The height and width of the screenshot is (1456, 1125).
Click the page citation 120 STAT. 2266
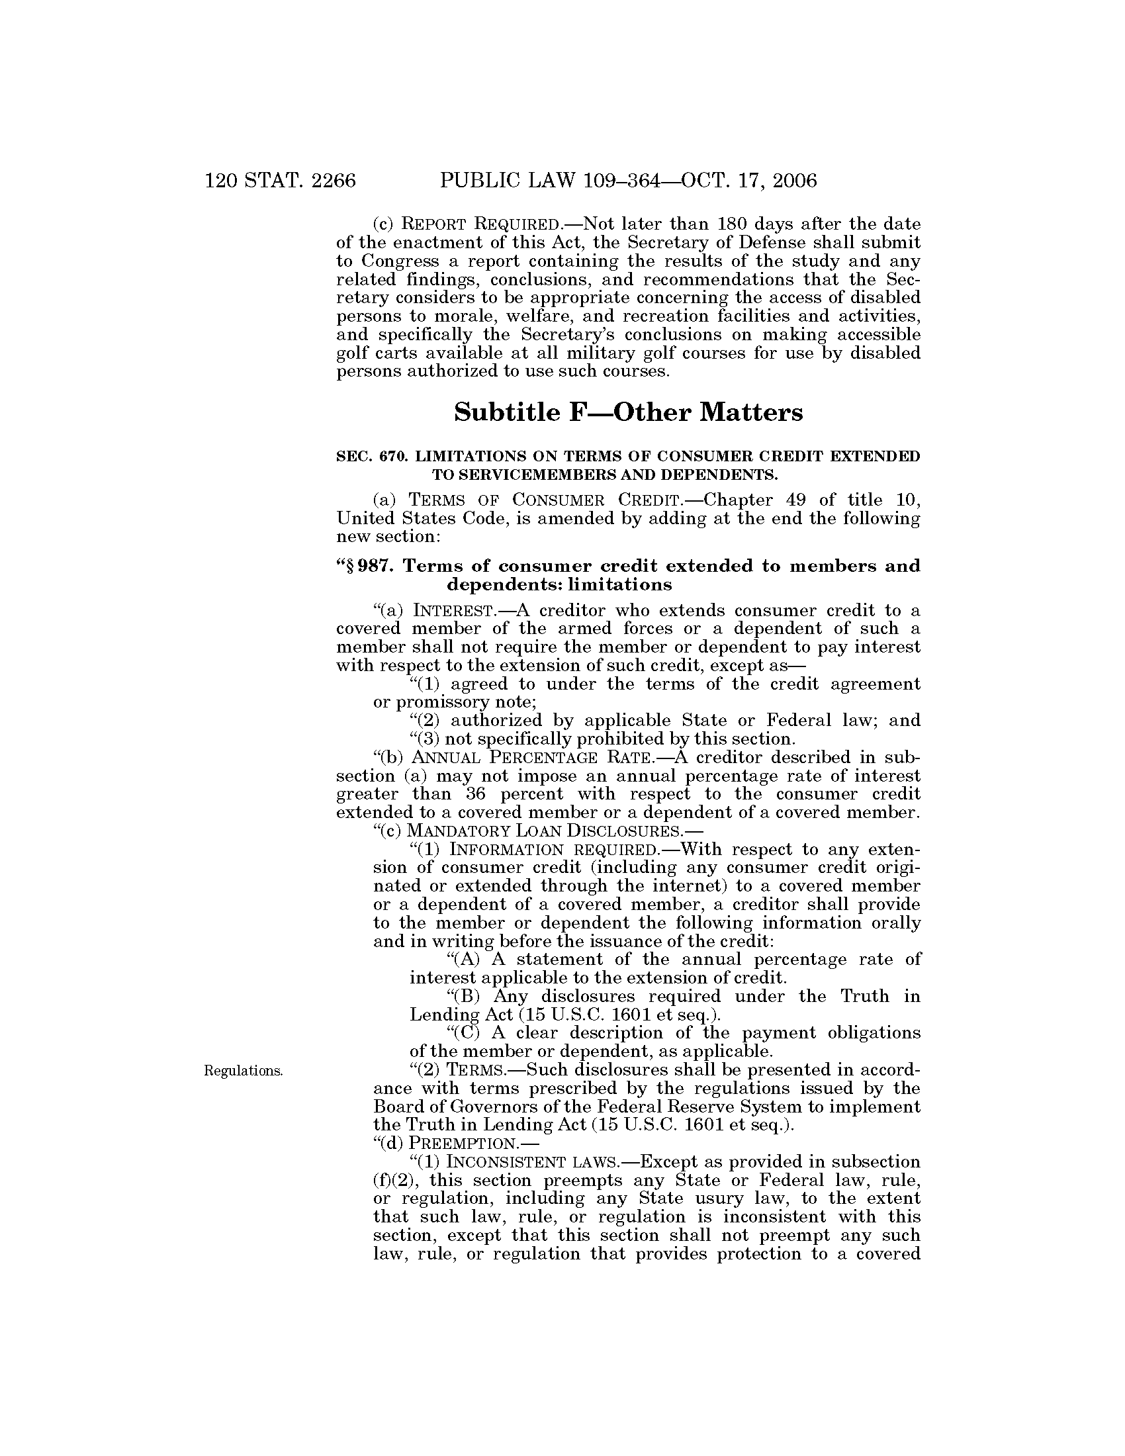[x=281, y=181]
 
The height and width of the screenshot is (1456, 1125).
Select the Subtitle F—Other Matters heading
[x=628, y=413]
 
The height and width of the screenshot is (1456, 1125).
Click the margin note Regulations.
[x=243, y=1071]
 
